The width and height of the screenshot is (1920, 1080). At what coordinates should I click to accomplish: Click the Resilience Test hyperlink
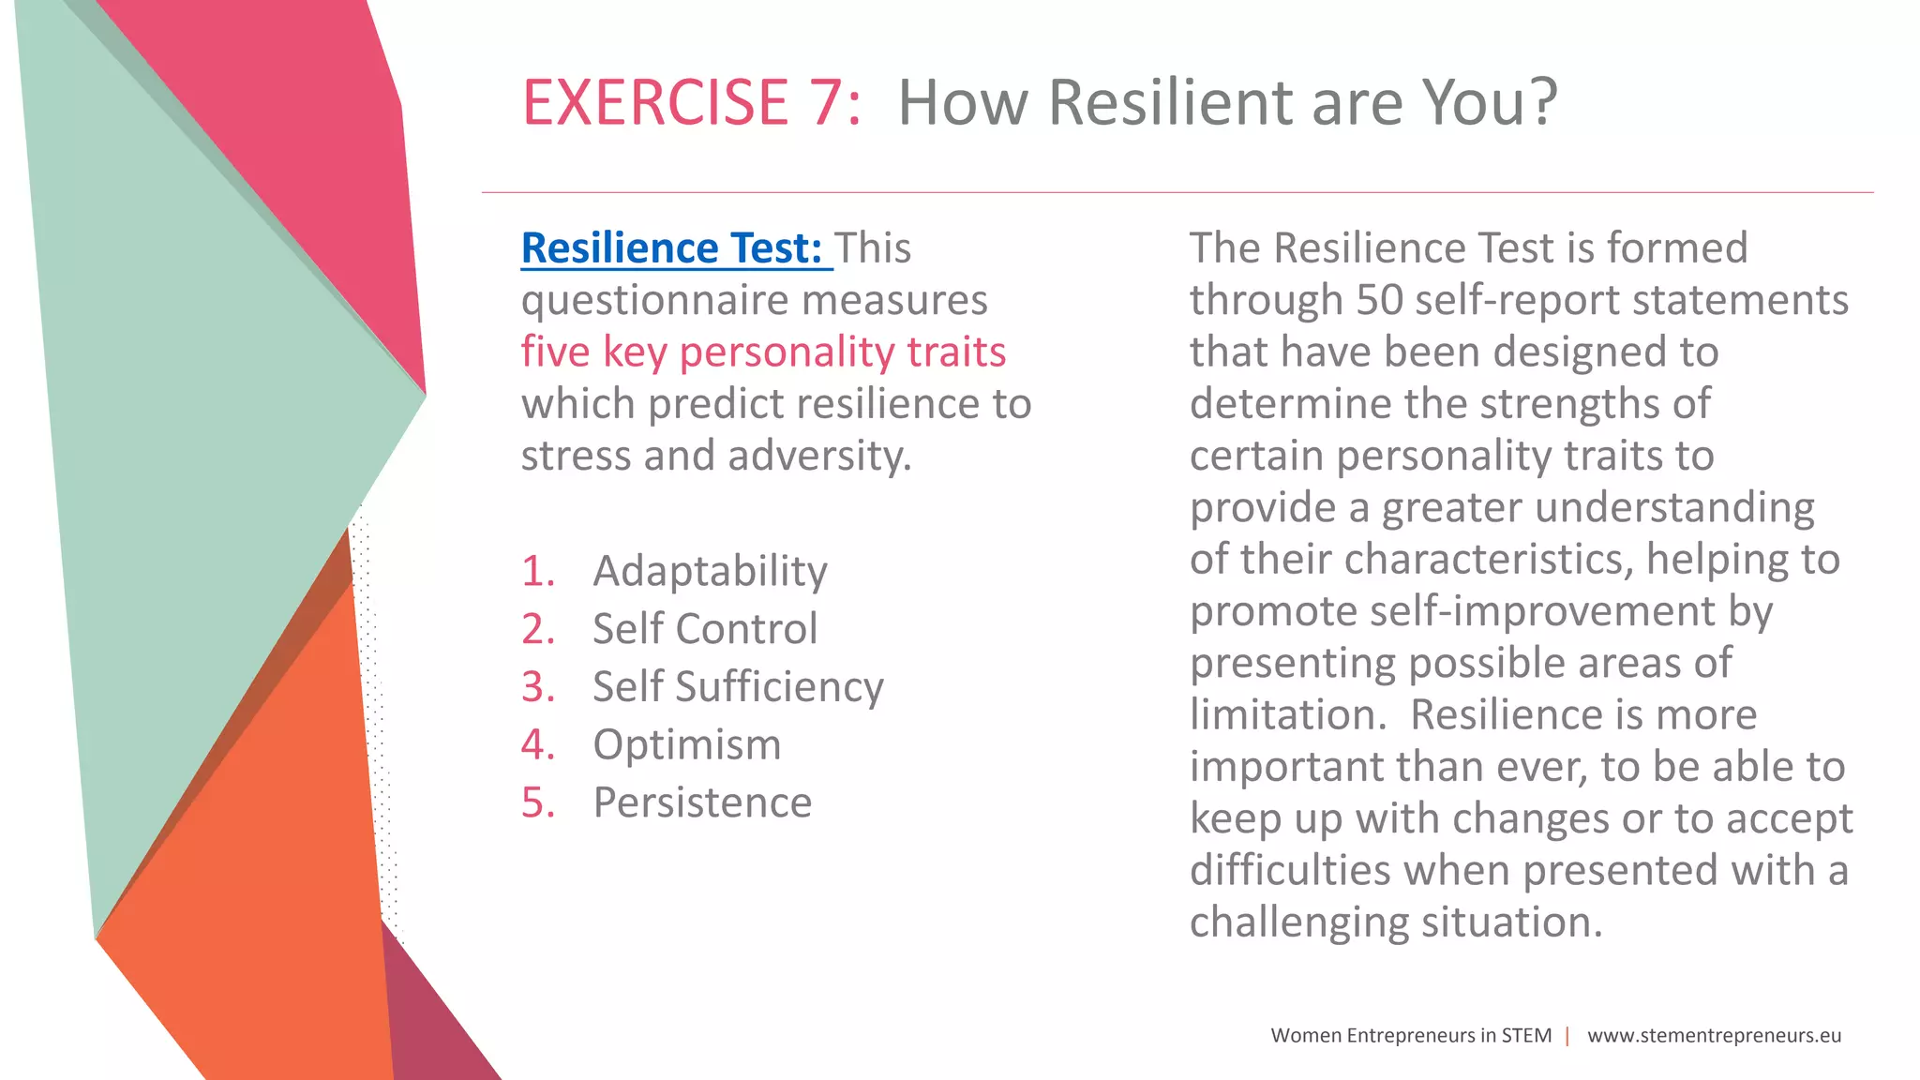point(671,248)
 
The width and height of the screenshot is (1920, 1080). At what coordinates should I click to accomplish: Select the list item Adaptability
point(710,571)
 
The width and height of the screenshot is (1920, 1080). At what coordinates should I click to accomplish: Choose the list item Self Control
point(705,629)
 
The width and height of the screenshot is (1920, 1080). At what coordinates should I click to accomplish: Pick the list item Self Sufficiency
point(738,687)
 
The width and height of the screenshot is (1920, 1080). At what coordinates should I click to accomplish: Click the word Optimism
point(686,745)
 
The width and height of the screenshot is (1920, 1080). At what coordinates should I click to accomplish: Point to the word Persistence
point(702,803)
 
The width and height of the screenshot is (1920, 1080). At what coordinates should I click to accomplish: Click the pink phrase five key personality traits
point(763,352)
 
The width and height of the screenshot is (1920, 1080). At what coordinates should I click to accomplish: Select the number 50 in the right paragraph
point(1379,301)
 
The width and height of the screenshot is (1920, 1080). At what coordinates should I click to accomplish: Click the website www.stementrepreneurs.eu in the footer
point(1714,1036)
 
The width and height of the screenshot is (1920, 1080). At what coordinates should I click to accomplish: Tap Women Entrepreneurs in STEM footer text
point(1410,1036)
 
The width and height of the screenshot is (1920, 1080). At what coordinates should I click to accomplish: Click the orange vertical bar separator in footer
point(1567,1036)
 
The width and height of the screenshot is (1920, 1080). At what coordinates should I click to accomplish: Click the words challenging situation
point(1395,922)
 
